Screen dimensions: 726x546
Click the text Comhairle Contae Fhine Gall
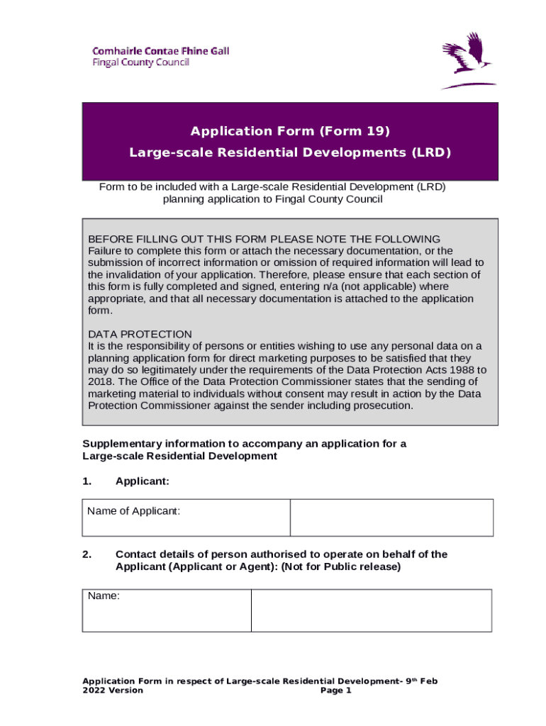161,51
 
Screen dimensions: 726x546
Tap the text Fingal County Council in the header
142,62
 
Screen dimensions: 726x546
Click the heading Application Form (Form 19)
290,131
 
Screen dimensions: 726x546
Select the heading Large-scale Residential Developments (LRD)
290,152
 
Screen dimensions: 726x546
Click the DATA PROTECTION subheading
140,334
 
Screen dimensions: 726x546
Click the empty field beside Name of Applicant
391,518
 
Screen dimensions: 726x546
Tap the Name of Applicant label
133,510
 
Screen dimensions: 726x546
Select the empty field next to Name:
372,610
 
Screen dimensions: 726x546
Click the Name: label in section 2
104,596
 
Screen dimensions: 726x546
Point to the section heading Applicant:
143,481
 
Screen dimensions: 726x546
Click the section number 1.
87,481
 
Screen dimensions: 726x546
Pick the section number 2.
87,554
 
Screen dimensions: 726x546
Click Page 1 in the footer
336,691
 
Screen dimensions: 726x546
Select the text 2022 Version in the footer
113,691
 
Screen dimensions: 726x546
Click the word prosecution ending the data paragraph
379,406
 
